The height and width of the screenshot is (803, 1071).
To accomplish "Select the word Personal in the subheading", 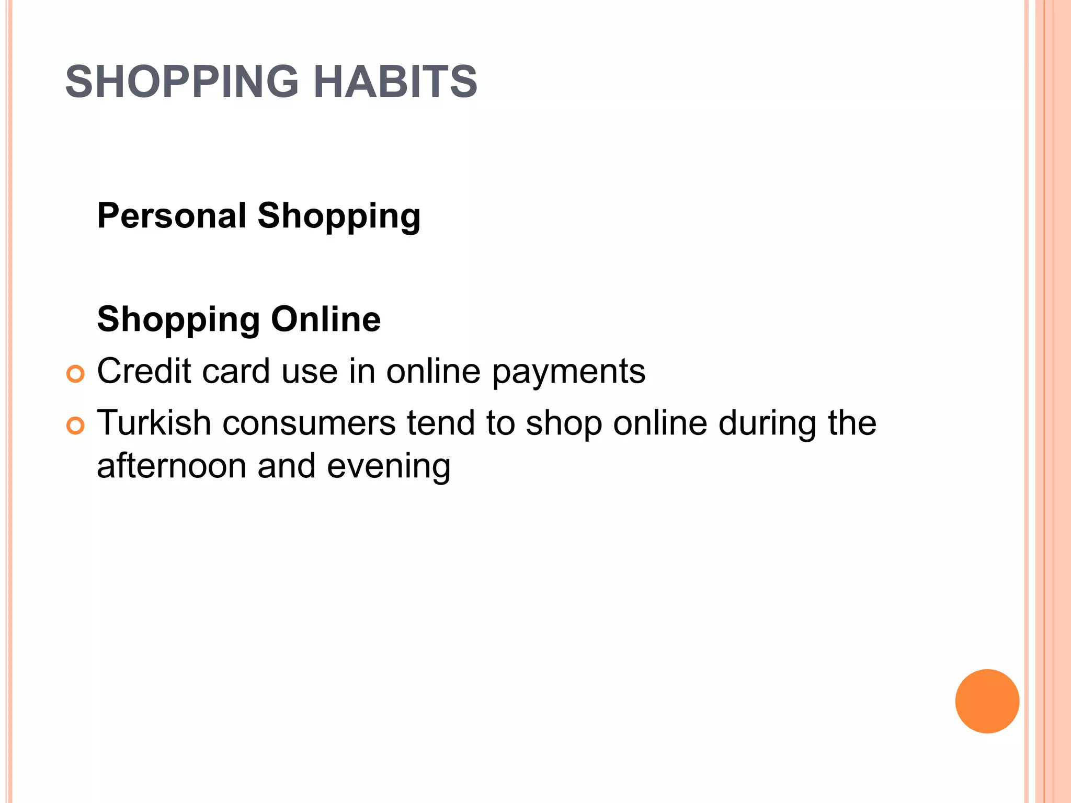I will pos(172,215).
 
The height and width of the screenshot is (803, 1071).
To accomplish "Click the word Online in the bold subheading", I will pos(326,319).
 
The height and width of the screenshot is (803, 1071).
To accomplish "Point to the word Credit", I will pos(144,371).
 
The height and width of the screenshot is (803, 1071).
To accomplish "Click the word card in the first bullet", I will pos(236,371).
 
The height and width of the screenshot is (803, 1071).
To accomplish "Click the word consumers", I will pos(309,423).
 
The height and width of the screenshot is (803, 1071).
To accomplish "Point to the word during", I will pos(767,423).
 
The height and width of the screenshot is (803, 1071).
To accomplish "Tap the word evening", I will pos(389,467).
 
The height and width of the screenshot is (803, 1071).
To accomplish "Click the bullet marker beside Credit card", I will pos(76,374).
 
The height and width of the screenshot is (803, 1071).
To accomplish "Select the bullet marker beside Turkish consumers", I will pos(76,426).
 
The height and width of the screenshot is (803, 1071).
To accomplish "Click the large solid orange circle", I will pos(987,701).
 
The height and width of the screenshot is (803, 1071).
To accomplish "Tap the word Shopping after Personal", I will pos(339,216).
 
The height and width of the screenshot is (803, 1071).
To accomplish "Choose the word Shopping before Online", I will pos(178,320).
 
